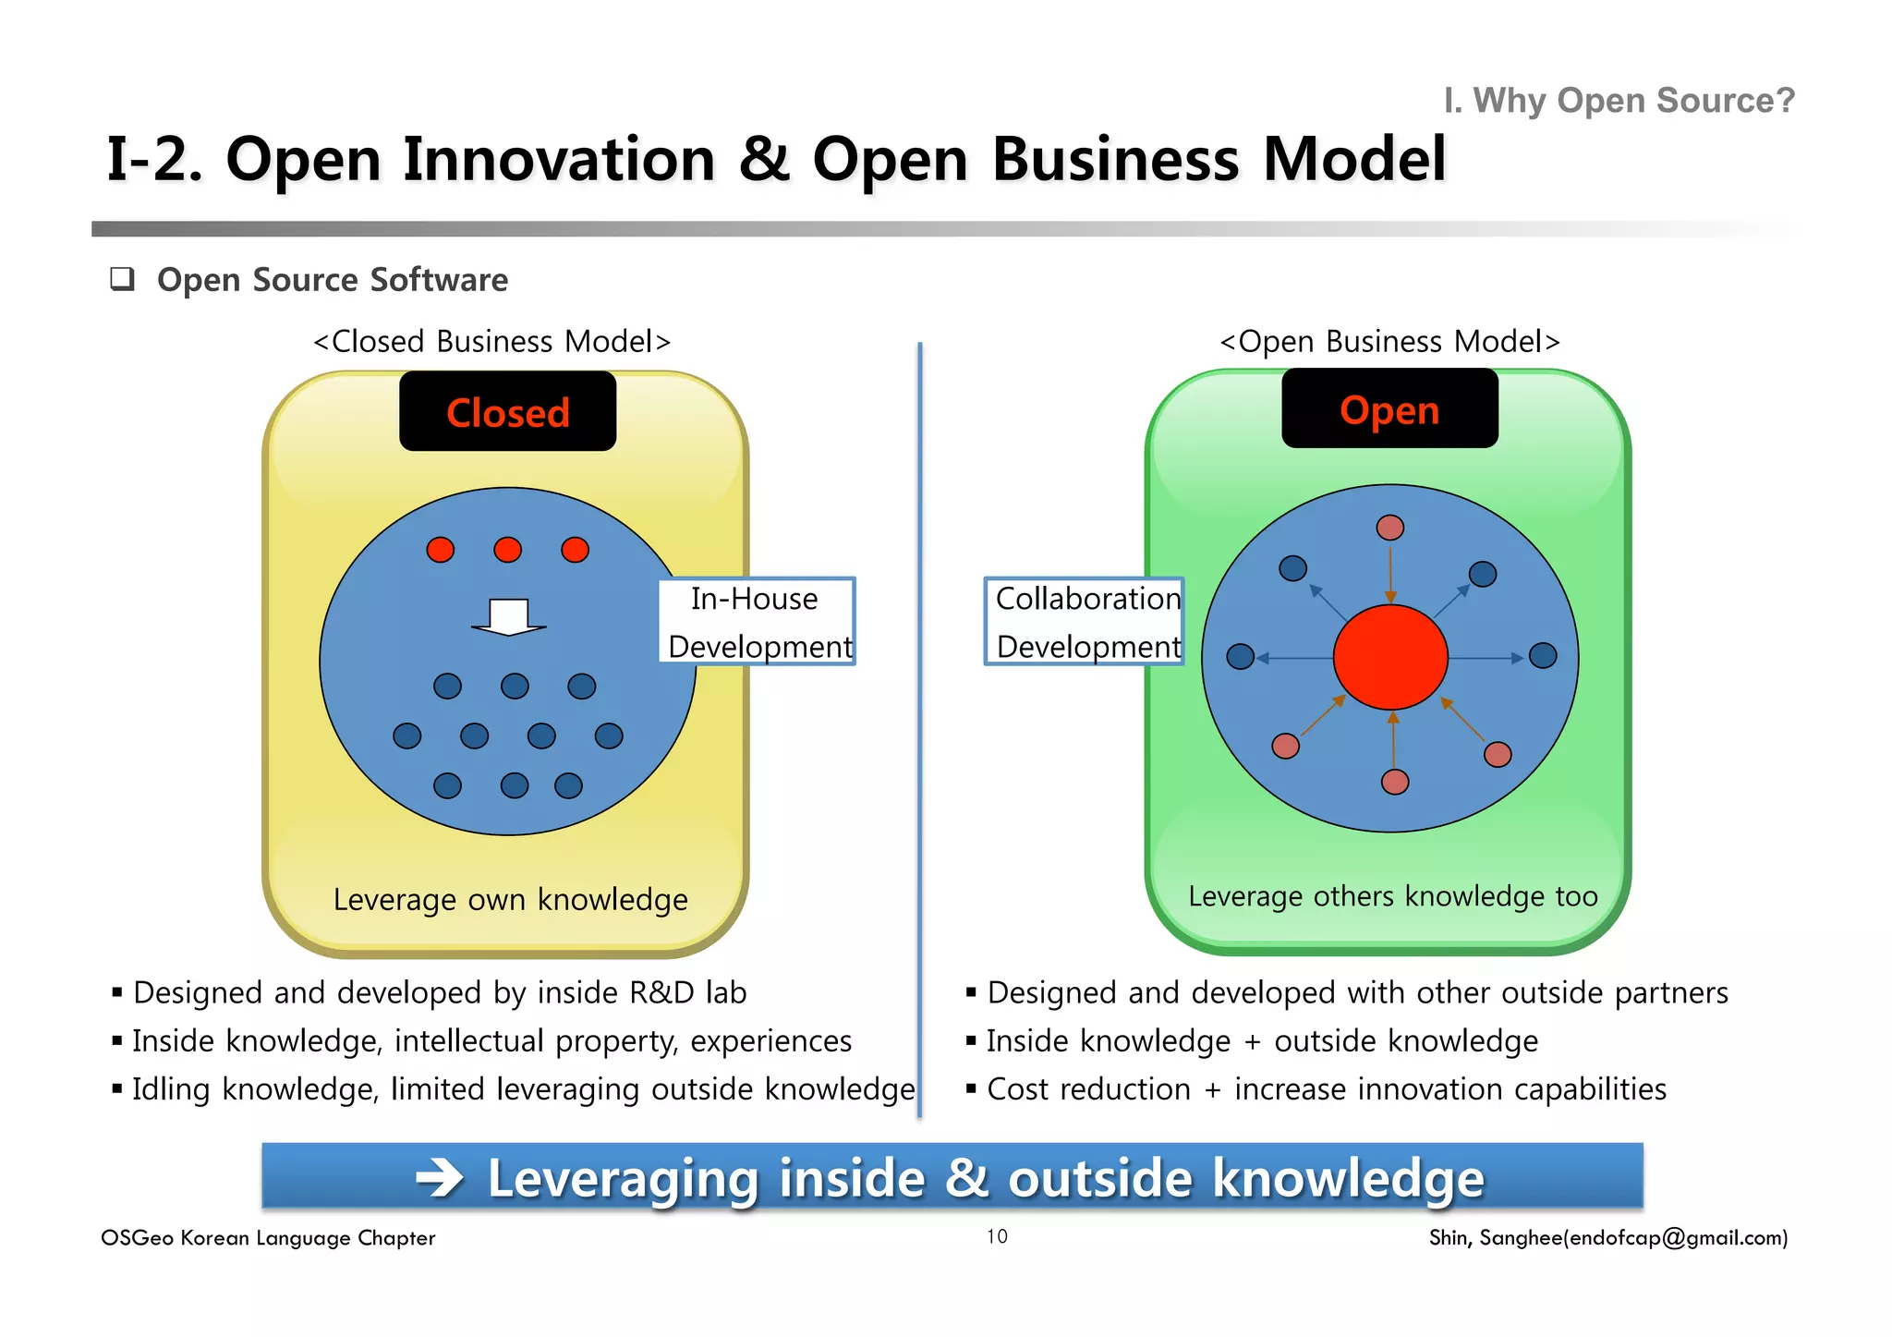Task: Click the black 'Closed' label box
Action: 507,412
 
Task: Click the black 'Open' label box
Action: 1389,409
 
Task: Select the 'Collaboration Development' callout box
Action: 1085,621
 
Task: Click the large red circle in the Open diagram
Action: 1390,657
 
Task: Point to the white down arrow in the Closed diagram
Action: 509,617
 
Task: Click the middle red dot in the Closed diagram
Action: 507,550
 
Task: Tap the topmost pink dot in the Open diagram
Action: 1390,528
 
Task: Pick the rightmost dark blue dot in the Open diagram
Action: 1543,656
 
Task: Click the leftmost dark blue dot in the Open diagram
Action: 1240,656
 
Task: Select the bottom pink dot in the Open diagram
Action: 1395,782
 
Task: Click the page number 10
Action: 997,1236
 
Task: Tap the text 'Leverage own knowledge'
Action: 510,899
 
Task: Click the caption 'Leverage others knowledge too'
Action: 1392,896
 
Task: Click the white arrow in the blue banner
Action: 440,1178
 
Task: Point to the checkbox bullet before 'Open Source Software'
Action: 122,279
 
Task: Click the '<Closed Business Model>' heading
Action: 491,341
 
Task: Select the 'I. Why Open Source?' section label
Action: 1619,100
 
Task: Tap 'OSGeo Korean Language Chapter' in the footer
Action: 268,1237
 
